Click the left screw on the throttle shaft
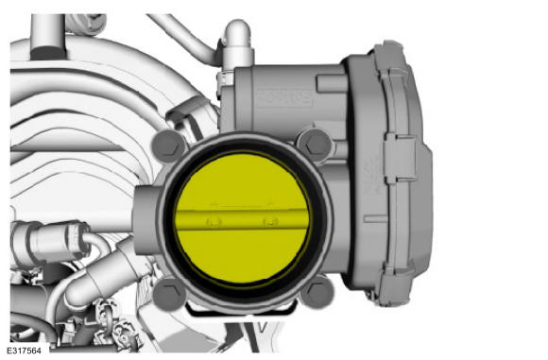[214, 221]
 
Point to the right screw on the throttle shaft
[271, 223]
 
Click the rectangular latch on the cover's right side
[396, 151]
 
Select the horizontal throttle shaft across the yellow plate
[241, 221]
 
